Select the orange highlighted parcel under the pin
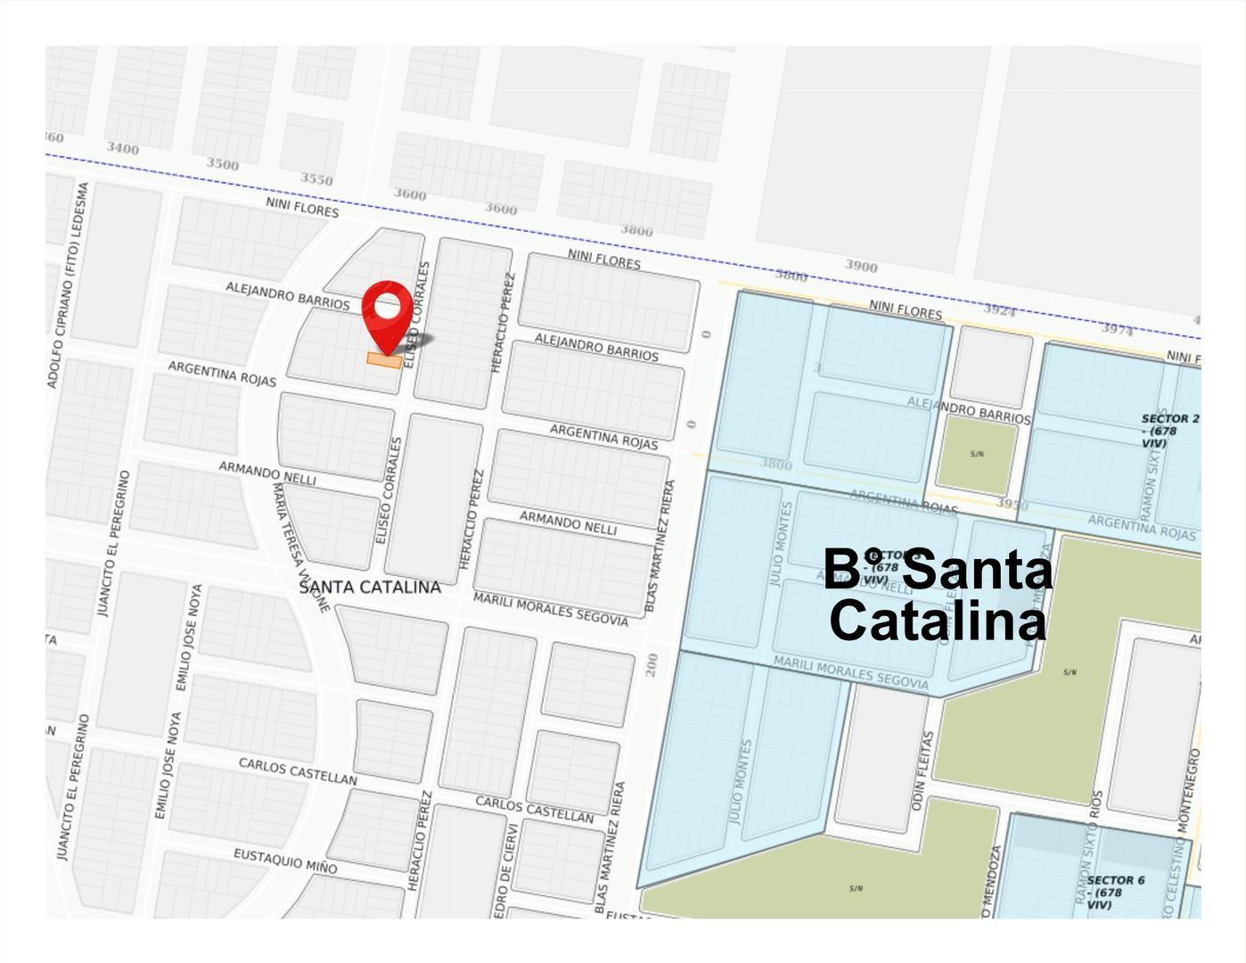point(384,360)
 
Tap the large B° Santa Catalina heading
point(937,595)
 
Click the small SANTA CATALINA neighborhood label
point(370,587)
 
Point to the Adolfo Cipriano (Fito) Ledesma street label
point(68,285)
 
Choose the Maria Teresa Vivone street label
point(301,547)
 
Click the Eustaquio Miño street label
point(285,860)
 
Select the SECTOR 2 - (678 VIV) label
point(1169,430)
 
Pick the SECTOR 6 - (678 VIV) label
point(1114,892)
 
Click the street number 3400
point(123,148)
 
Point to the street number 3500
point(223,164)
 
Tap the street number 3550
point(316,179)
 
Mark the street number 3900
point(861,266)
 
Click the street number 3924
point(999,309)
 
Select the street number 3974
point(1117,329)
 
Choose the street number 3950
point(1012,505)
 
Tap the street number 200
point(652,664)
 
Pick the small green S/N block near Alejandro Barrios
point(977,455)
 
